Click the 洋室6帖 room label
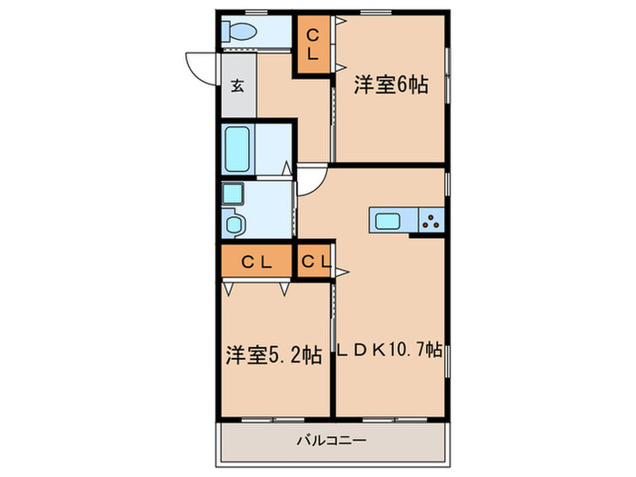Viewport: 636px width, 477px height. tap(392, 85)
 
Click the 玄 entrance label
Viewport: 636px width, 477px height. tap(237, 86)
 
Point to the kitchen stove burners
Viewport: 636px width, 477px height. tap(431, 219)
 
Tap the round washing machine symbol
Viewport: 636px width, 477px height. tap(234, 223)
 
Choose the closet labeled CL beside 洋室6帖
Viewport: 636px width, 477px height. tap(313, 44)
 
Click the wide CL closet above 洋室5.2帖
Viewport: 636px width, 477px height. tap(257, 262)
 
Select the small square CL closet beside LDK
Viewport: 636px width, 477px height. tap(314, 262)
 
